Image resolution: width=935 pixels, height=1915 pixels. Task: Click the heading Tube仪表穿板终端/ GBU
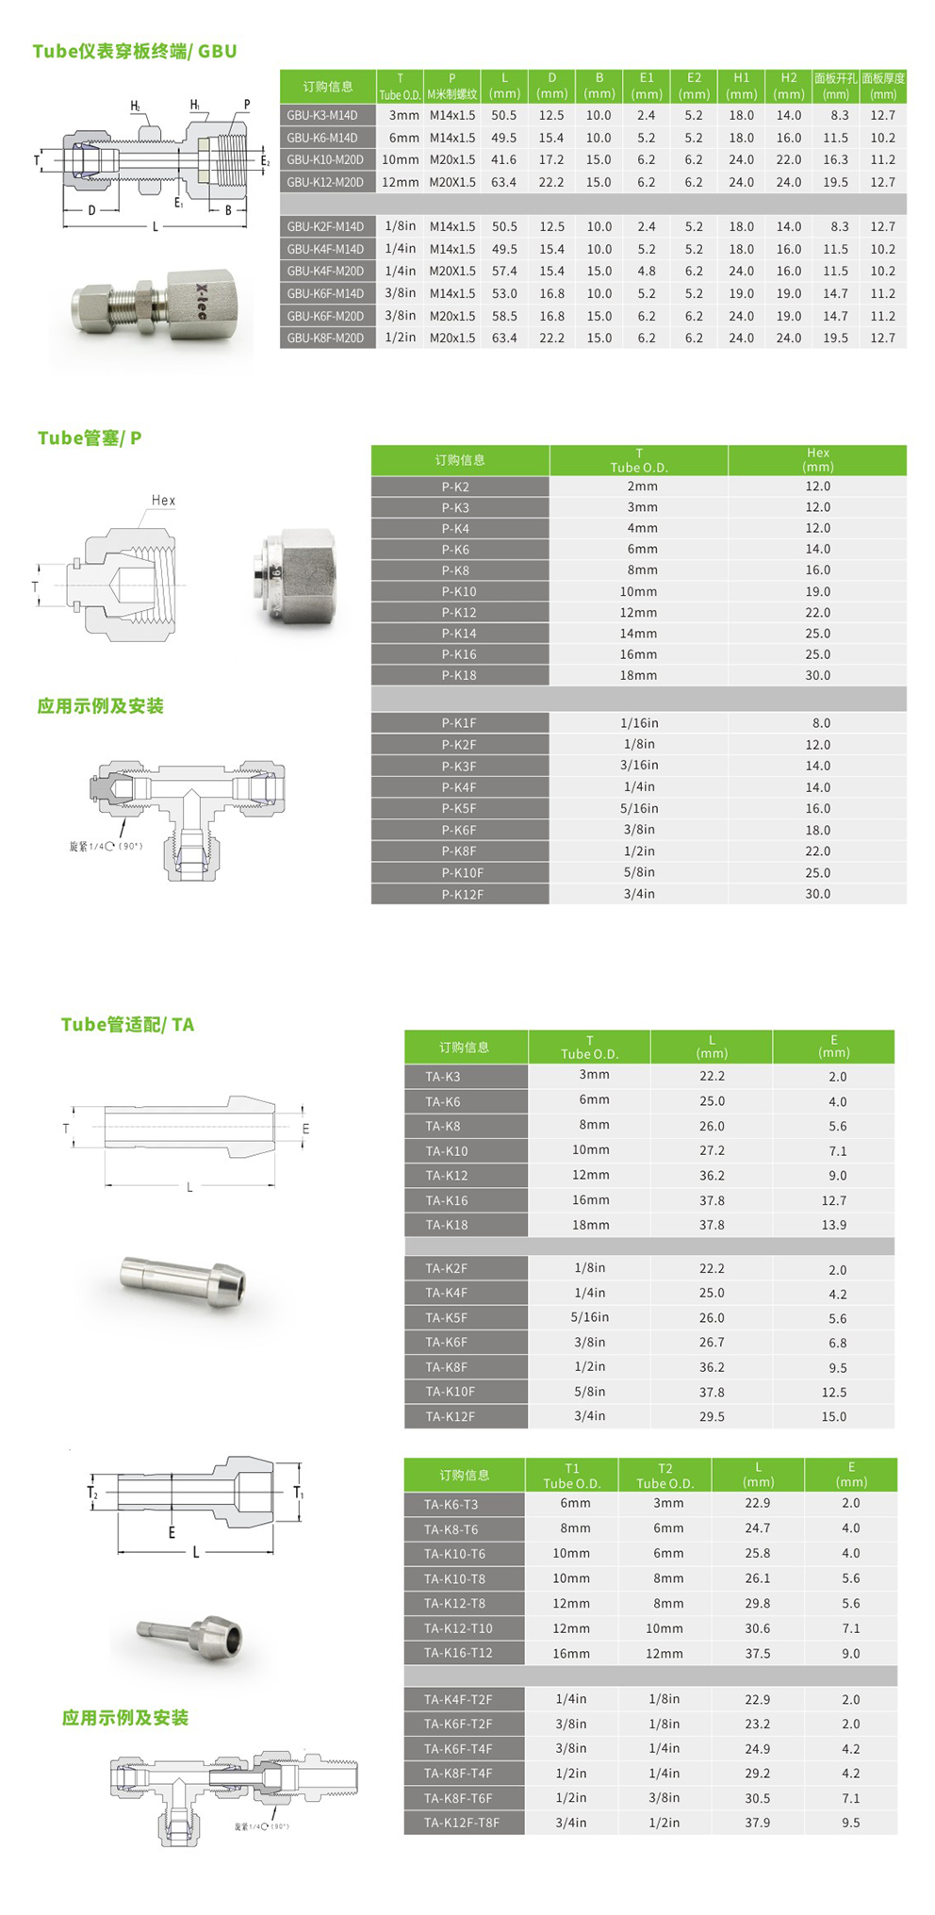tap(135, 51)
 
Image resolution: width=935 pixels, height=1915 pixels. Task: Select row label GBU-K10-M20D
tap(325, 160)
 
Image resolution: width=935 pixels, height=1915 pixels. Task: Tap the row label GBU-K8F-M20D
tap(325, 338)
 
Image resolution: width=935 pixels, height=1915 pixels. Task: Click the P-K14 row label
tap(459, 634)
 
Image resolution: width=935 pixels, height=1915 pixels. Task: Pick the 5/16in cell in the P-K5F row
tap(639, 809)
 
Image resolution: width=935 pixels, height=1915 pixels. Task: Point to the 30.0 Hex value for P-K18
tap(817, 676)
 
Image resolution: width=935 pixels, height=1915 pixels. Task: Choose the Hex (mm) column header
tap(817, 460)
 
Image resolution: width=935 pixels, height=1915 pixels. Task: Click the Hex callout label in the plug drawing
tap(163, 501)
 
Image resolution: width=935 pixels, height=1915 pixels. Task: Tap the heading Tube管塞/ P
tap(90, 438)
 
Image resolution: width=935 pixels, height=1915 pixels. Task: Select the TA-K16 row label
tap(447, 1200)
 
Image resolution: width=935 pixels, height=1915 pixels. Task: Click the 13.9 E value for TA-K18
tap(833, 1225)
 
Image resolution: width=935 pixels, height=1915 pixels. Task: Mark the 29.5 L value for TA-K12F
tap(712, 1416)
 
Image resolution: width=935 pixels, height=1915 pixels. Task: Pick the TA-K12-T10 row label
tap(458, 1628)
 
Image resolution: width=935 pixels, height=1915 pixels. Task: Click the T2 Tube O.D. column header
tap(664, 1476)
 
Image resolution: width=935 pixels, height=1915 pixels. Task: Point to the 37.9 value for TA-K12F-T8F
tap(757, 1823)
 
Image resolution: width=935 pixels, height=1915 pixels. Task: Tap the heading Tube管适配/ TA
tap(127, 1025)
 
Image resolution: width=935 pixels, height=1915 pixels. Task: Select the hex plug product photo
tap(294, 578)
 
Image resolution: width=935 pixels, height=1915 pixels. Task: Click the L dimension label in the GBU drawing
tap(156, 227)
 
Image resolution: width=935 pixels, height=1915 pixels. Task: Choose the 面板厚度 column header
tap(883, 86)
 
